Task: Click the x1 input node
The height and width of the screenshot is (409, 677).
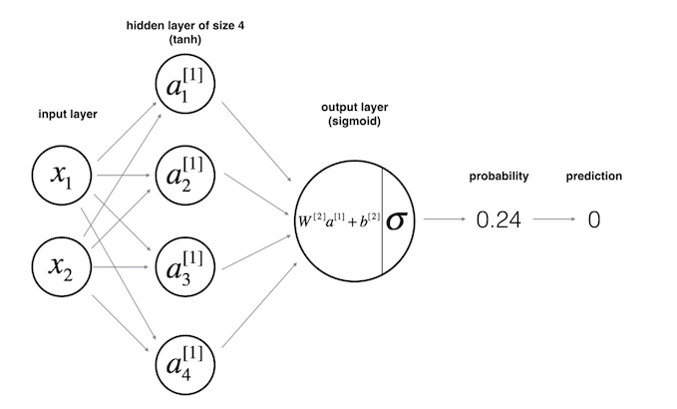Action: click(x=61, y=177)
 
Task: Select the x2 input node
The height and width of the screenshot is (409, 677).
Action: click(x=61, y=264)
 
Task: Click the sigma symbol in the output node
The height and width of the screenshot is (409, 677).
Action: click(x=398, y=219)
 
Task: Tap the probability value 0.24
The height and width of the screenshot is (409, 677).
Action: click(x=499, y=220)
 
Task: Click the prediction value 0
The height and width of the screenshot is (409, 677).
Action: click(x=593, y=220)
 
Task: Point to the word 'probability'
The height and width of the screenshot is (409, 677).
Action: click(x=499, y=177)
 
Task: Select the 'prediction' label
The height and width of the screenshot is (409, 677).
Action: click(x=594, y=177)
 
